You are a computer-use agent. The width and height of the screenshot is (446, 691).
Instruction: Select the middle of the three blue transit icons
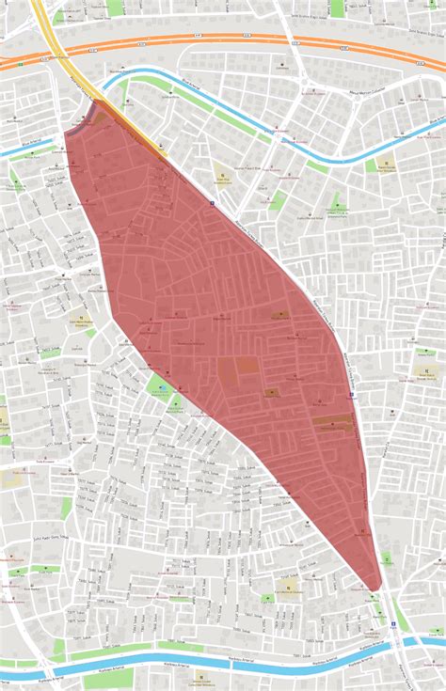click(353, 395)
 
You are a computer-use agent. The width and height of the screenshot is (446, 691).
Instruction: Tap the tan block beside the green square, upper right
click(387, 166)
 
